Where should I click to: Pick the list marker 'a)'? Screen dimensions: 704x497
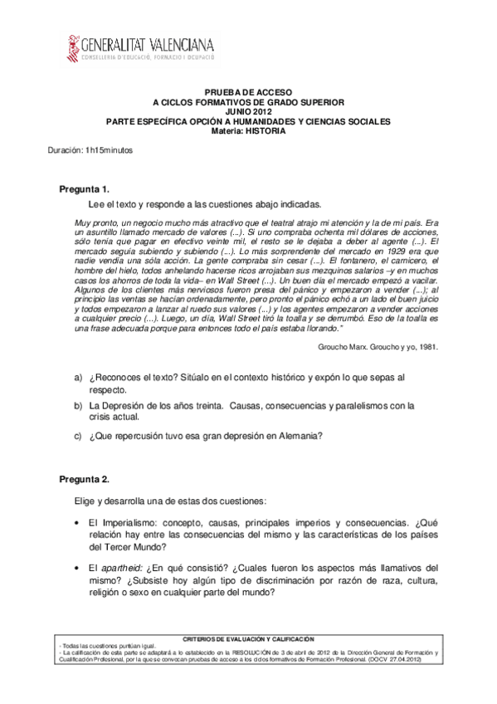pos(77,378)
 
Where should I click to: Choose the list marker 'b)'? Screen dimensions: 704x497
pos(77,406)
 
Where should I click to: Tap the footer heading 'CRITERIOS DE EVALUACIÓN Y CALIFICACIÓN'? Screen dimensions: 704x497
pos(248,639)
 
